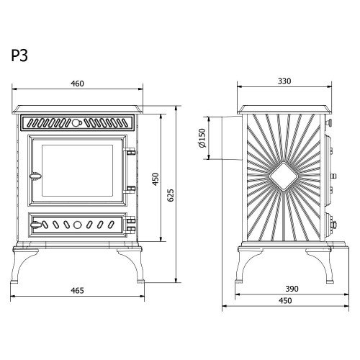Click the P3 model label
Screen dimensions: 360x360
pyautogui.click(x=19, y=55)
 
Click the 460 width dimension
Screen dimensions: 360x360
pyautogui.click(x=77, y=84)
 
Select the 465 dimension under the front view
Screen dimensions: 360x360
pyautogui.click(x=77, y=291)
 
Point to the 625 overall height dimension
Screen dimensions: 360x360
pyautogui.click(x=170, y=195)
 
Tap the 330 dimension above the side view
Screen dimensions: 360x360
pyautogui.click(x=284, y=81)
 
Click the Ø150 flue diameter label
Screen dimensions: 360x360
pyautogui.click(x=203, y=138)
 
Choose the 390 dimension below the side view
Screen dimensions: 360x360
pyautogui.click(x=292, y=289)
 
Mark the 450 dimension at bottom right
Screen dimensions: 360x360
pyautogui.click(x=285, y=301)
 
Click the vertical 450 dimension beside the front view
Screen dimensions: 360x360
pyautogui.click(x=156, y=179)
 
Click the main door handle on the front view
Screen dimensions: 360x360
pyautogui.click(x=35, y=176)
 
